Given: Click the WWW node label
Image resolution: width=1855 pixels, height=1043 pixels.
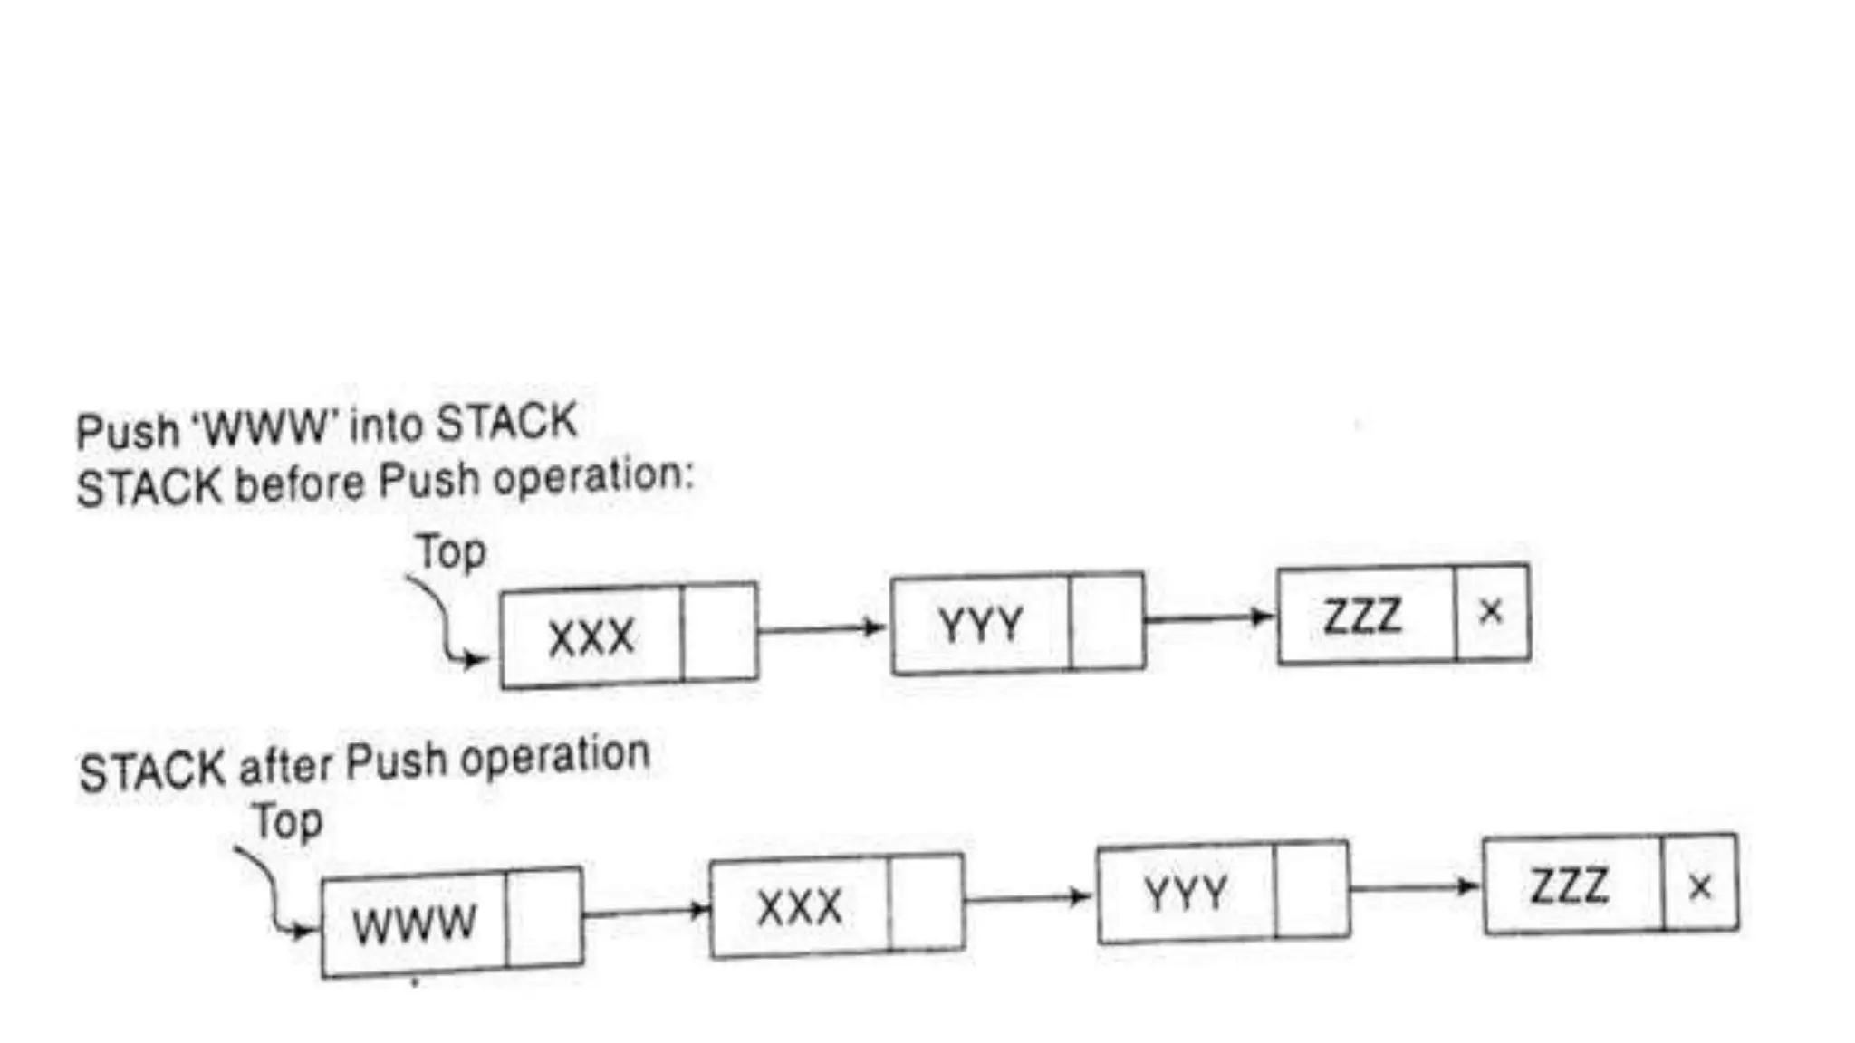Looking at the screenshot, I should click(x=414, y=923).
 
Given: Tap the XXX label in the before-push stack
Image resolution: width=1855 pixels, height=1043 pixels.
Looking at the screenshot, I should click(x=591, y=636).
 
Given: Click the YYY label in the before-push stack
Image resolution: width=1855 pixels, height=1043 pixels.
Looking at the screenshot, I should click(x=980, y=625).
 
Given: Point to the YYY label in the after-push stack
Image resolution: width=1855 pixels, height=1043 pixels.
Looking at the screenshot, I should click(x=1186, y=894).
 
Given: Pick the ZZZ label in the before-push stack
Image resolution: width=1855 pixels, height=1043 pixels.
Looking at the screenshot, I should click(x=1362, y=617).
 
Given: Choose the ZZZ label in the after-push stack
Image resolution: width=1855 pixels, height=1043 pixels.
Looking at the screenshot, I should click(x=1570, y=885).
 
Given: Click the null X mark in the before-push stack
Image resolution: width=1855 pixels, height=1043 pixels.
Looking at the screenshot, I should click(x=1491, y=612).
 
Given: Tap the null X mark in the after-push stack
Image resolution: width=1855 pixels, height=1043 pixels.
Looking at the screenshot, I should click(x=1700, y=886).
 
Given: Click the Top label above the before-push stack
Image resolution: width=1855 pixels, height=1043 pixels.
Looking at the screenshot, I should click(x=450, y=551).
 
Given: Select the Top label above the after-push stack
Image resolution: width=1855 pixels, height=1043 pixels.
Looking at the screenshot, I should click(x=287, y=821).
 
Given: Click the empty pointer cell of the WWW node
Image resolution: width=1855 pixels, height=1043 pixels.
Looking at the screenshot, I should click(x=544, y=918).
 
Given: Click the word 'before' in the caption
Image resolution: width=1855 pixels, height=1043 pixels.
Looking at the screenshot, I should click(x=299, y=484).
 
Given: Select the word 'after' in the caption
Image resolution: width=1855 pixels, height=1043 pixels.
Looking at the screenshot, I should click(x=285, y=768).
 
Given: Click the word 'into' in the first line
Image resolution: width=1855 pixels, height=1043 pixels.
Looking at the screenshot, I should click(x=385, y=426).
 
